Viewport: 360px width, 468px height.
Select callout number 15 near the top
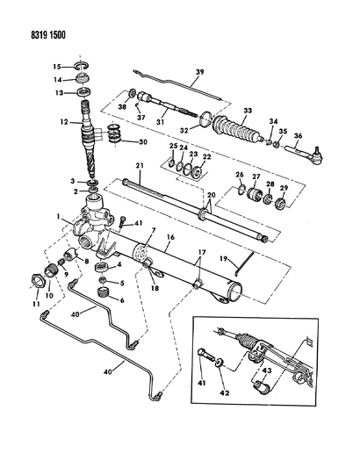click(55, 67)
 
